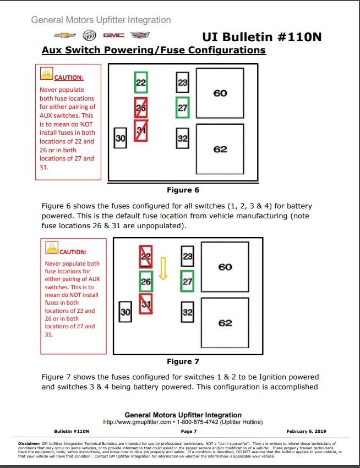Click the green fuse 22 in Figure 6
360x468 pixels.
point(141,82)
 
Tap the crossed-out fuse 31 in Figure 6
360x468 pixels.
point(141,130)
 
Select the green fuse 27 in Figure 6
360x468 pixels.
point(182,107)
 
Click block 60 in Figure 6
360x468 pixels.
point(220,93)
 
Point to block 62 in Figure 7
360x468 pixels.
point(225,323)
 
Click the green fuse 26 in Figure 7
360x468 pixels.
point(146,281)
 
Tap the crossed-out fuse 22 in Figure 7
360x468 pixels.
point(146,256)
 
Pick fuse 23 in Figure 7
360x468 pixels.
point(188,256)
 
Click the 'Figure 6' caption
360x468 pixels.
point(183,190)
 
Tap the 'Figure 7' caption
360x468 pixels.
point(183,361)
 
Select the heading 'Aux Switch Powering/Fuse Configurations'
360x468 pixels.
point(154,51)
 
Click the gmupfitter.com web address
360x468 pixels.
point(135,422)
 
